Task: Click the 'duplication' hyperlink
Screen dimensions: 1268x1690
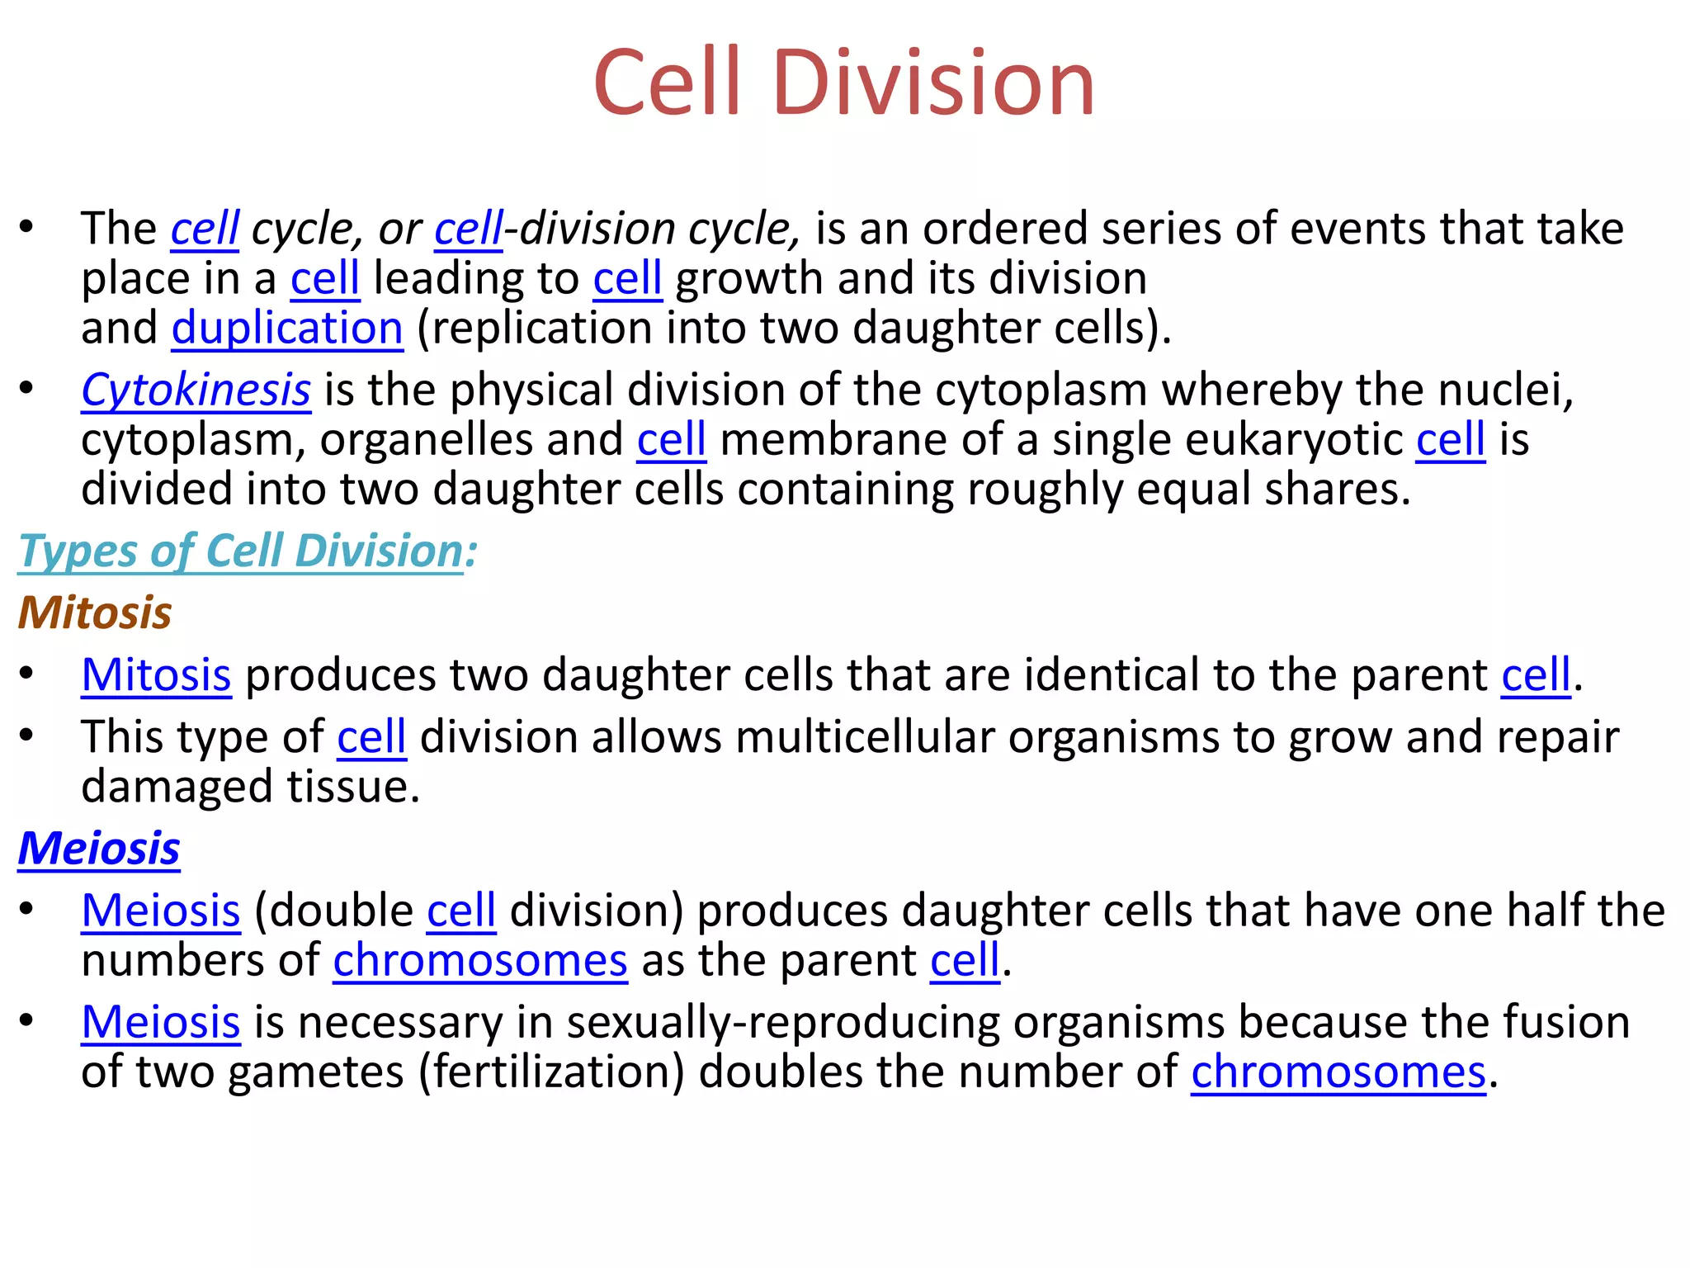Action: pyautogui.click(x=287, y=328)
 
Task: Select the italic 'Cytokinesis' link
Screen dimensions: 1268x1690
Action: pyautogui.click(x=196, y=390)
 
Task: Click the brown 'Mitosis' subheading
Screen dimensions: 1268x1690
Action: pyautogui.click(x=95, y=613)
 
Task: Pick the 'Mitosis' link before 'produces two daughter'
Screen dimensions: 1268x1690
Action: pyautogui.click(x=156, y=675)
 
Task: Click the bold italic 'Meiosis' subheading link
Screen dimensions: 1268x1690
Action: pyautogui.click(x=99, y=849)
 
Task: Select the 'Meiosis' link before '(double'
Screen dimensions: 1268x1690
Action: pyautogui.click(x=161, y=911)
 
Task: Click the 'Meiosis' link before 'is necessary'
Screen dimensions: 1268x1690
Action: pyautogui.click(x=161, y=1022)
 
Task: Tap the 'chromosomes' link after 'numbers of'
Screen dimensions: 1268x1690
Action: pyautogui.click(x=480, y=961)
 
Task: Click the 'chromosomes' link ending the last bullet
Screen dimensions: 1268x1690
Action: pyautogui.click(x=1338, y=1072)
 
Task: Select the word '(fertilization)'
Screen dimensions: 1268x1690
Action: pyautogui.click(x=551, y=1072)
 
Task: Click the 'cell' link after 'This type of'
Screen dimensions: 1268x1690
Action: pyautogui.click(x=371, y=737)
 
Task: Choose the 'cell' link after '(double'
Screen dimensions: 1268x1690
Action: pyautogui.click(x=461, y=911)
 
